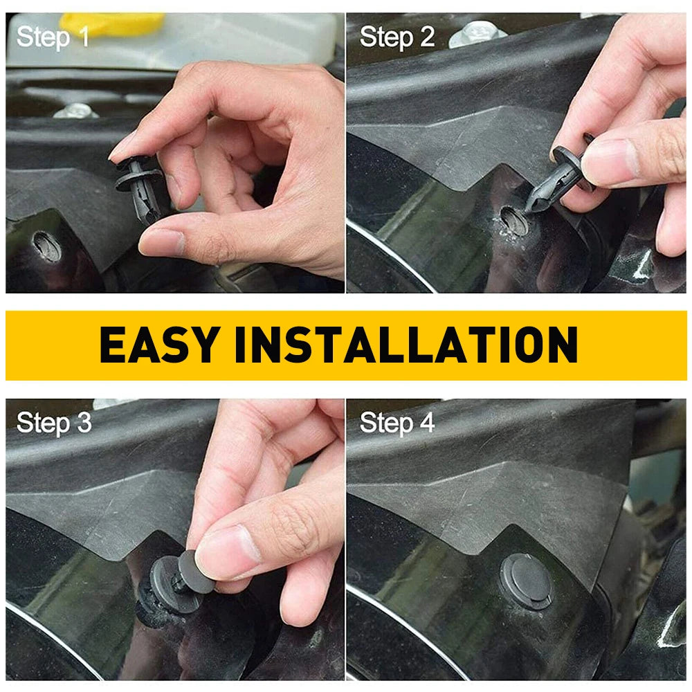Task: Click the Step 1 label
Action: (53, 37)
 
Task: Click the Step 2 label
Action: (397, 37)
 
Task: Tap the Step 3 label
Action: (53, 422)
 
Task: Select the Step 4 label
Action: (397, 422)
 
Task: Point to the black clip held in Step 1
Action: (139, 183)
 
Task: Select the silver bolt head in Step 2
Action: (477, 33)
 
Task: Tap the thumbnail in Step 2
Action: (609, 163)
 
